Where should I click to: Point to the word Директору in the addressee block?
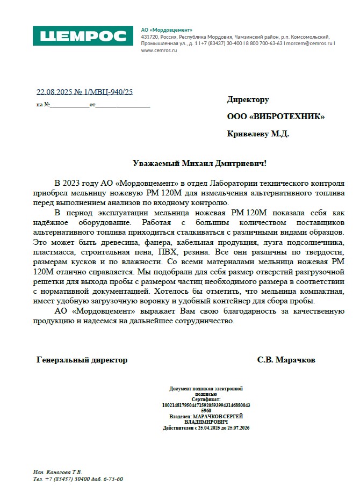[248, 99]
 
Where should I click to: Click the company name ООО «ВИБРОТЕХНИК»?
[276, 117]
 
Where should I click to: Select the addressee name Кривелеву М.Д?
[258, 134]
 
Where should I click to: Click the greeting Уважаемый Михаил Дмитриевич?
[199, 163]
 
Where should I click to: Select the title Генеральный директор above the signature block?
[82, 360]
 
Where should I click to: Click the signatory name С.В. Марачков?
[286, 360]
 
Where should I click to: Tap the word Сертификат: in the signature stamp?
[206, 400]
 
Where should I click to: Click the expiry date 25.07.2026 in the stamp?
[236, 427]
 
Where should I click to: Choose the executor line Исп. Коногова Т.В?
[57, 471]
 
